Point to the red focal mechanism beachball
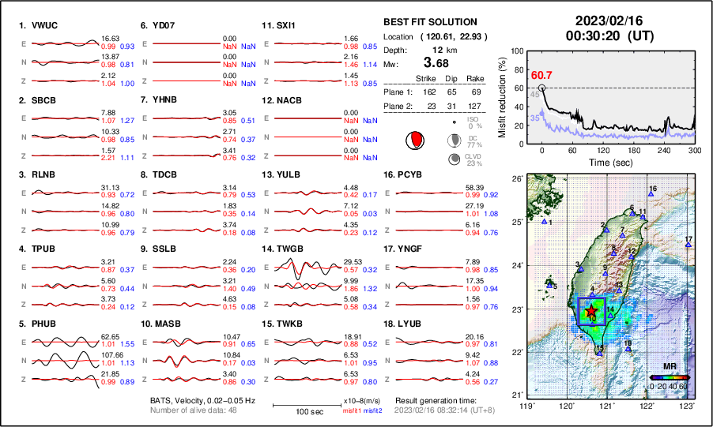click(413, 140)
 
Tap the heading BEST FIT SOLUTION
click(430, 22)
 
